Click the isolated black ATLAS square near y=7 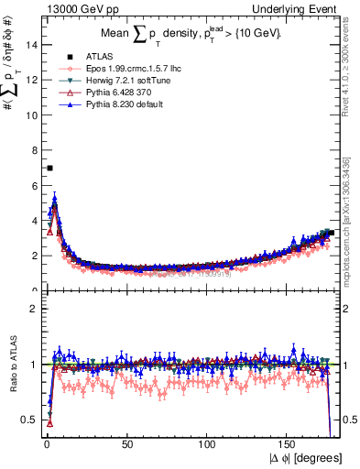point(49,168)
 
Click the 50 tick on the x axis point(127,446)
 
